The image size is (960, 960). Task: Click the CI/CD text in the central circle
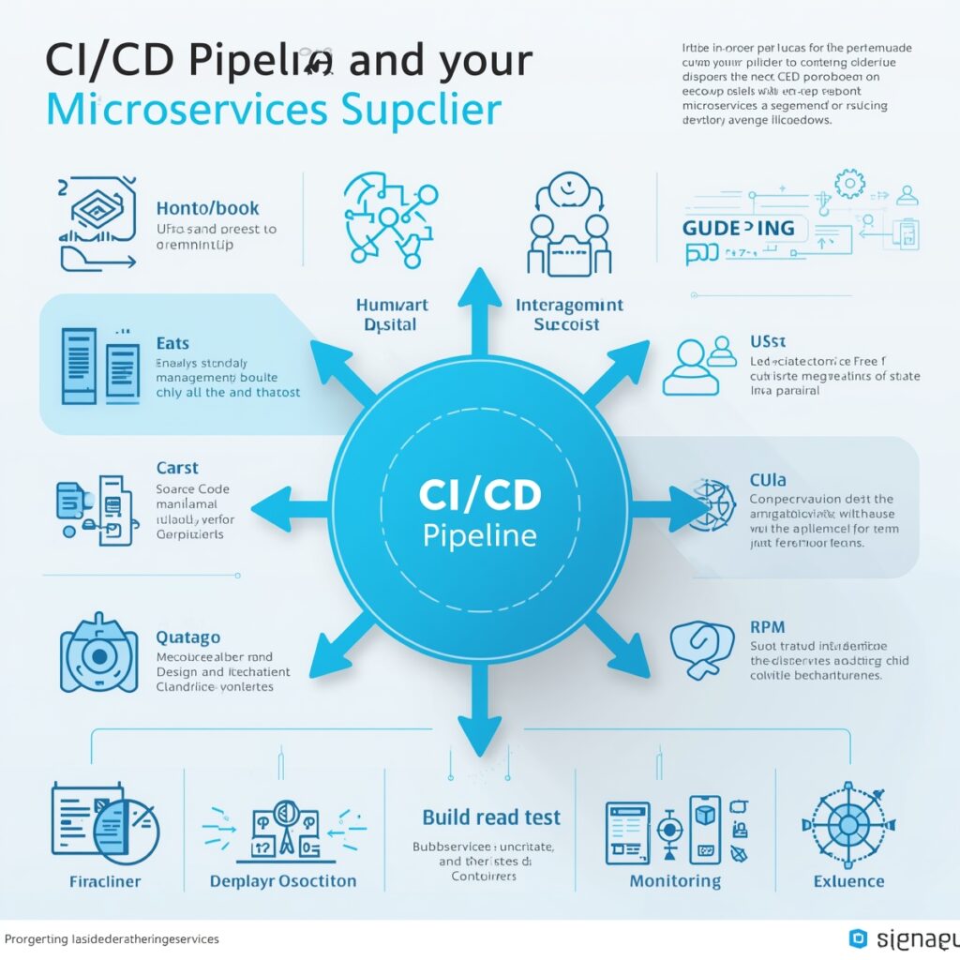coord(479,496)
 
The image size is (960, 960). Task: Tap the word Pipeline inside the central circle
coord(479,536)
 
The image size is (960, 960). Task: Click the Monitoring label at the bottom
coord(675,881)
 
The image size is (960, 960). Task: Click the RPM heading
coord(768,626)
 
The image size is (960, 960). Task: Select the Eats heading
coord(172,343)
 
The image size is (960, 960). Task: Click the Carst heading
coord(176,468)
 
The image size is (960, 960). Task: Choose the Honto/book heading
coord(207,208)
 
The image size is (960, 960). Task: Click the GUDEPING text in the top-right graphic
coord(739,228)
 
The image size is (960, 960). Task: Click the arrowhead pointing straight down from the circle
coord(479,741)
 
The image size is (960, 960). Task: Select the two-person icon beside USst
coord(698,367)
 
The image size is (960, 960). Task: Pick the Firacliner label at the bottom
coord(105,881)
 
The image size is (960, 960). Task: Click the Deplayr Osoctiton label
coord(283,881)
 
